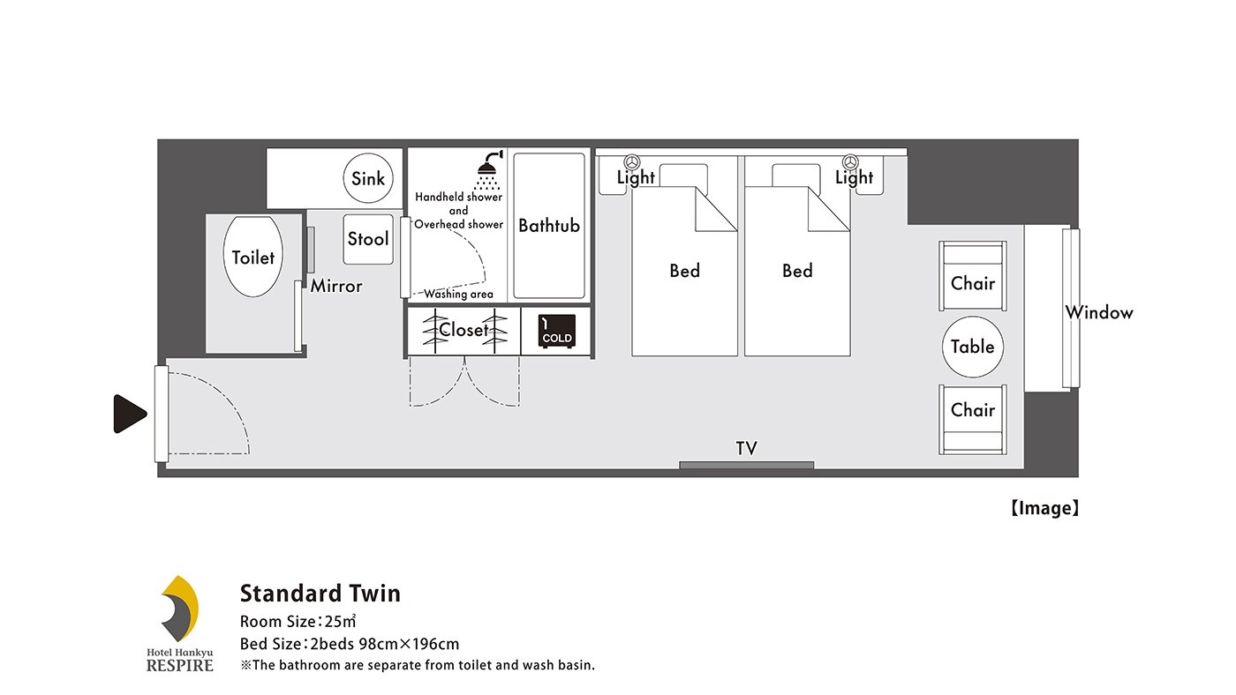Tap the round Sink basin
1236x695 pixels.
(368, 178)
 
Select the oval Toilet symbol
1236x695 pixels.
(252, 257)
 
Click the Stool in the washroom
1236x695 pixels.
(368, 239)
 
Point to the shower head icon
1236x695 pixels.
(489, 169)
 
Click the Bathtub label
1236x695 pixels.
(549, 226)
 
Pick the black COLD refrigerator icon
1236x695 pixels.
(557, 331)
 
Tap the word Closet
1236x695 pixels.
(463, 330)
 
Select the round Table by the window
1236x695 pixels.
(972, 347)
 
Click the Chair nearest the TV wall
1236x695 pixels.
(973, 420)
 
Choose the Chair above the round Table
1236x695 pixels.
(973, 275)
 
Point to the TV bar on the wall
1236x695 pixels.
(747, 465)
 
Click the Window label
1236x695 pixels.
(1098, 312)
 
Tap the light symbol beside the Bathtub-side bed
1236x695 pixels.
(632, 162)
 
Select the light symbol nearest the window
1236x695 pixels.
(850, 162)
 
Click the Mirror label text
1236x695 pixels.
(336, 286)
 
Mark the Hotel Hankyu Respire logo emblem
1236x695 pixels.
(178, 609)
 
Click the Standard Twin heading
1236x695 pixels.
(320, 594)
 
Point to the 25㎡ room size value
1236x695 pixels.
(341, 622)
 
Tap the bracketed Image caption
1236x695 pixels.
(1044, 508)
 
